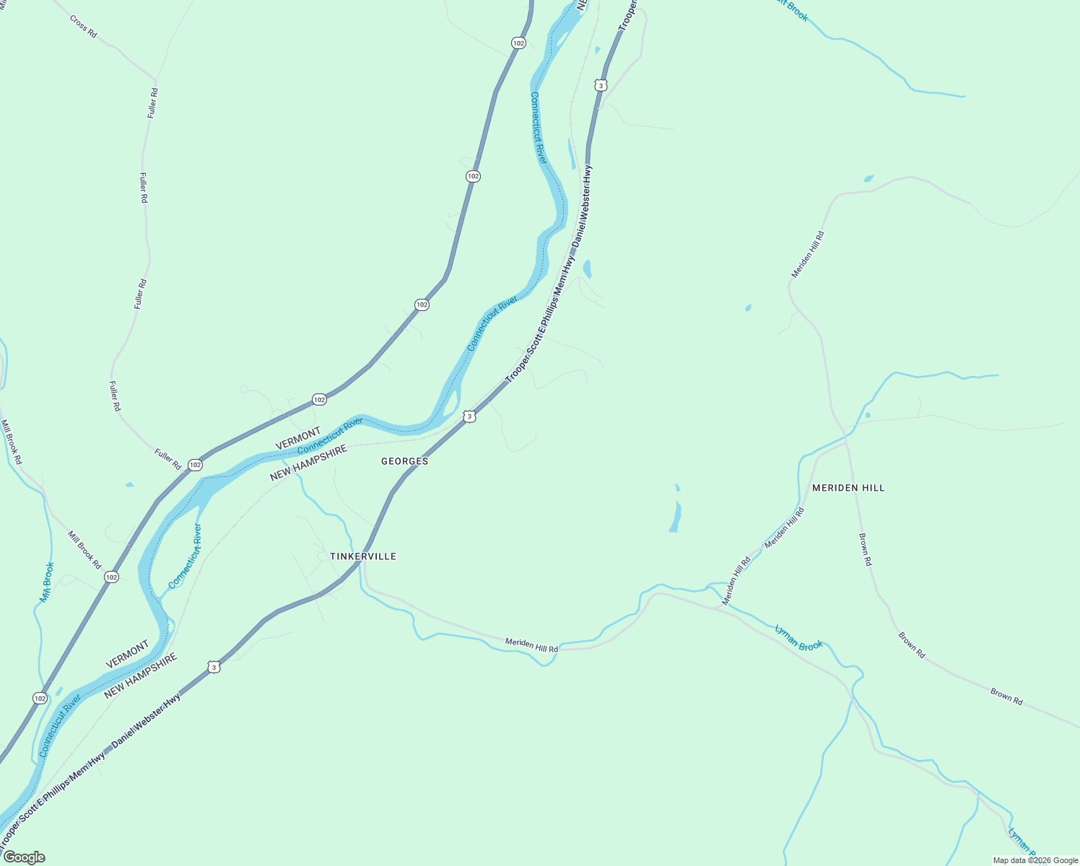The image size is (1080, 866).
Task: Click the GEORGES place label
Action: click(404, 461)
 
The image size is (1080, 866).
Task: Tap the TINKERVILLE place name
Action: click(363, 556)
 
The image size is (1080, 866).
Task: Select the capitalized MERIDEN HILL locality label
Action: click(848, 488)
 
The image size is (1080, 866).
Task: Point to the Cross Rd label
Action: click(83, 26)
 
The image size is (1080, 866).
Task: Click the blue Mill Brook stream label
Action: click(47, 582)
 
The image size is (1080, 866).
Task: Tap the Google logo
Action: click(24, 857)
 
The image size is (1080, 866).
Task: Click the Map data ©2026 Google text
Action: click(1035, 860)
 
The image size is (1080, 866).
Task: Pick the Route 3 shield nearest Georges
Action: click(470, 416)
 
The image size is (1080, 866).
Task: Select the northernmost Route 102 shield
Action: click(518, 43)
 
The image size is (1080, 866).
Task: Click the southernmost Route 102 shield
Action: click(40, 698)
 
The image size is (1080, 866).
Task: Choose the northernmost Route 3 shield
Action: click(601, 85)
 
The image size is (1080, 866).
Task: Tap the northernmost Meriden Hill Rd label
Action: click(807, 255)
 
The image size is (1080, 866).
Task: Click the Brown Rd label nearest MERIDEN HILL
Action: click(865, 549)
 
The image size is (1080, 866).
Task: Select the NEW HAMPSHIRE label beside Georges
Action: click(308, 463)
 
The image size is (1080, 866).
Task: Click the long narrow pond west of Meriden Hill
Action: click(676, 516)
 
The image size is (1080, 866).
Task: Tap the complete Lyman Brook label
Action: click(798, 638)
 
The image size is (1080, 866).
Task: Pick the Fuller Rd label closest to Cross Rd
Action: click(152, 102)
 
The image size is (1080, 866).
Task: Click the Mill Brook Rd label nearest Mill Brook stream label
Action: click(84, 550)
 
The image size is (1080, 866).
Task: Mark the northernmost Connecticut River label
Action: click(539, 127)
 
